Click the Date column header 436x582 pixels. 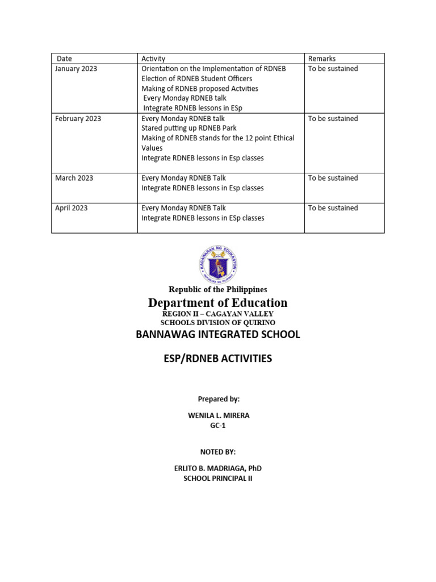pyautogui.click(x=65, y=59)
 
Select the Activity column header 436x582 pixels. pyautogui.click(x=153, y=59)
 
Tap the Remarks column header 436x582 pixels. pyautogui.click(x=322, y=59)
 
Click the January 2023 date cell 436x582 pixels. pyautogui.click(x=76, y=69)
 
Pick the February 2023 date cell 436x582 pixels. pyautogui.click(x=78, y=119)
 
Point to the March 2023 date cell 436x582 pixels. pyautogui.click(x=74, y=178)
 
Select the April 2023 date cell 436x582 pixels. pyautogui.click(x=72, y=208)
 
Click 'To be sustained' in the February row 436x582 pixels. pyautogui.click(x=333, y=119)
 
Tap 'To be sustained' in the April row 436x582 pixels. pyautogui.click(x=333, y=208)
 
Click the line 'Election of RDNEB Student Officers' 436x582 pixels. pyautogui.click(x=197, y=78)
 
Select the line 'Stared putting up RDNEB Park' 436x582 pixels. pyautogui.click(x=189, y=128)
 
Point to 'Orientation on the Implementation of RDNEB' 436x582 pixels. pyautogui.click(x=213, y=69)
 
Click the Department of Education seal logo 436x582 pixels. pyautogui.click(x=218, y=263)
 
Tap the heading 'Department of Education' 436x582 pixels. pyautogui.click(x=218, y=302)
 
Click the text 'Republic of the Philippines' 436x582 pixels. pyautogui.click(x=218, y=289)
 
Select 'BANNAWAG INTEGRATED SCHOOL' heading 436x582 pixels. pyautogui.click(x=218, y=334)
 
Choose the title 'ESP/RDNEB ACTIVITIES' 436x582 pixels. pyautogui.click(x=218, y=359)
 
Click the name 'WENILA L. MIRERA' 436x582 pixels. pyautogui.click(x=218, y=415)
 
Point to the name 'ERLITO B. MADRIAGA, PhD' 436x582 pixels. pyautogui.click(x=218, y=468)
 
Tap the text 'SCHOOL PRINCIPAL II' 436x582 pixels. pyautogui.click(x=218, y=479)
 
